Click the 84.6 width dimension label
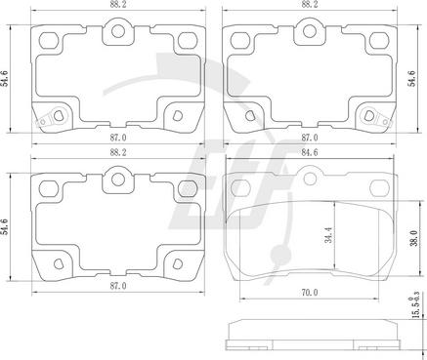click(310, 152)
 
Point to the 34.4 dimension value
click(328, 235)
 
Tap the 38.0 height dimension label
click(413, 238)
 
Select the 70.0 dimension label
click(310, 293)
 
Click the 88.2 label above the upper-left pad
click(118, 4)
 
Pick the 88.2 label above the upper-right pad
click(310, 4)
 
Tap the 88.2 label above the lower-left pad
click(118, 152)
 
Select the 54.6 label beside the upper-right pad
click(412, 78)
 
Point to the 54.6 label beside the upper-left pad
click(5, 78)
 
